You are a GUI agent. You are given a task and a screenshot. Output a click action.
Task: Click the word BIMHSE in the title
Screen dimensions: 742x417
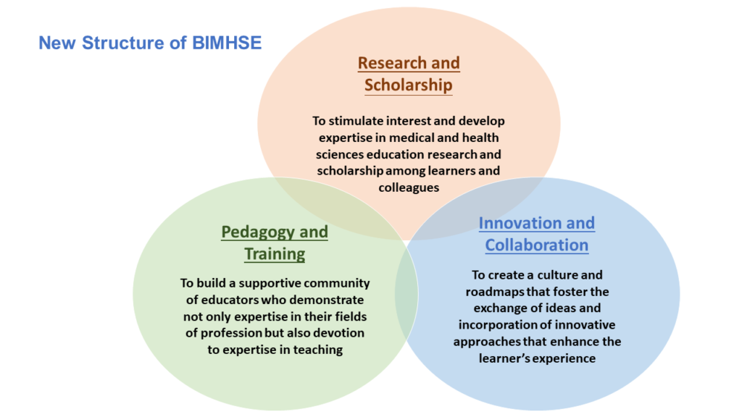click(x=227, y=43)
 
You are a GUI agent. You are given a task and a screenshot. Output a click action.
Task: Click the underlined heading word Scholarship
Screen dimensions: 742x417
click(x=409, y=85)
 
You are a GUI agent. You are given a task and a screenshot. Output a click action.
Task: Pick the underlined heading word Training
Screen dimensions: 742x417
click(x=275, y=254)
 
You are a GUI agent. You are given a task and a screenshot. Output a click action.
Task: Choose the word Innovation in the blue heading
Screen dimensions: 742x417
click(x=516, y=223)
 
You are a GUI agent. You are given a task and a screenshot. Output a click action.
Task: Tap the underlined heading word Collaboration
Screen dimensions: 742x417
click(x=537, y=245)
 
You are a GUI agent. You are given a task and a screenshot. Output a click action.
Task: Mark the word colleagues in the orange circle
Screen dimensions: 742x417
click(x=409, y=188)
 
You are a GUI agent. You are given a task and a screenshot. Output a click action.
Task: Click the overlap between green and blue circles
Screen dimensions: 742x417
click(x=407, y=293)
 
